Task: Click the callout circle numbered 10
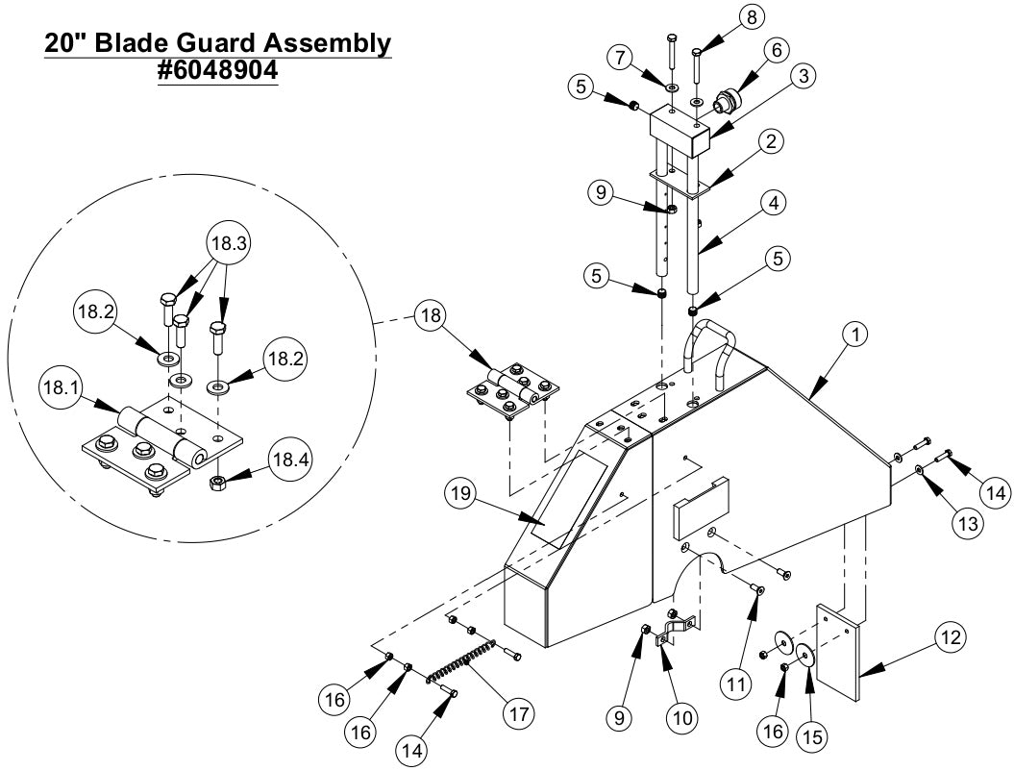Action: (x=685, y=717)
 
